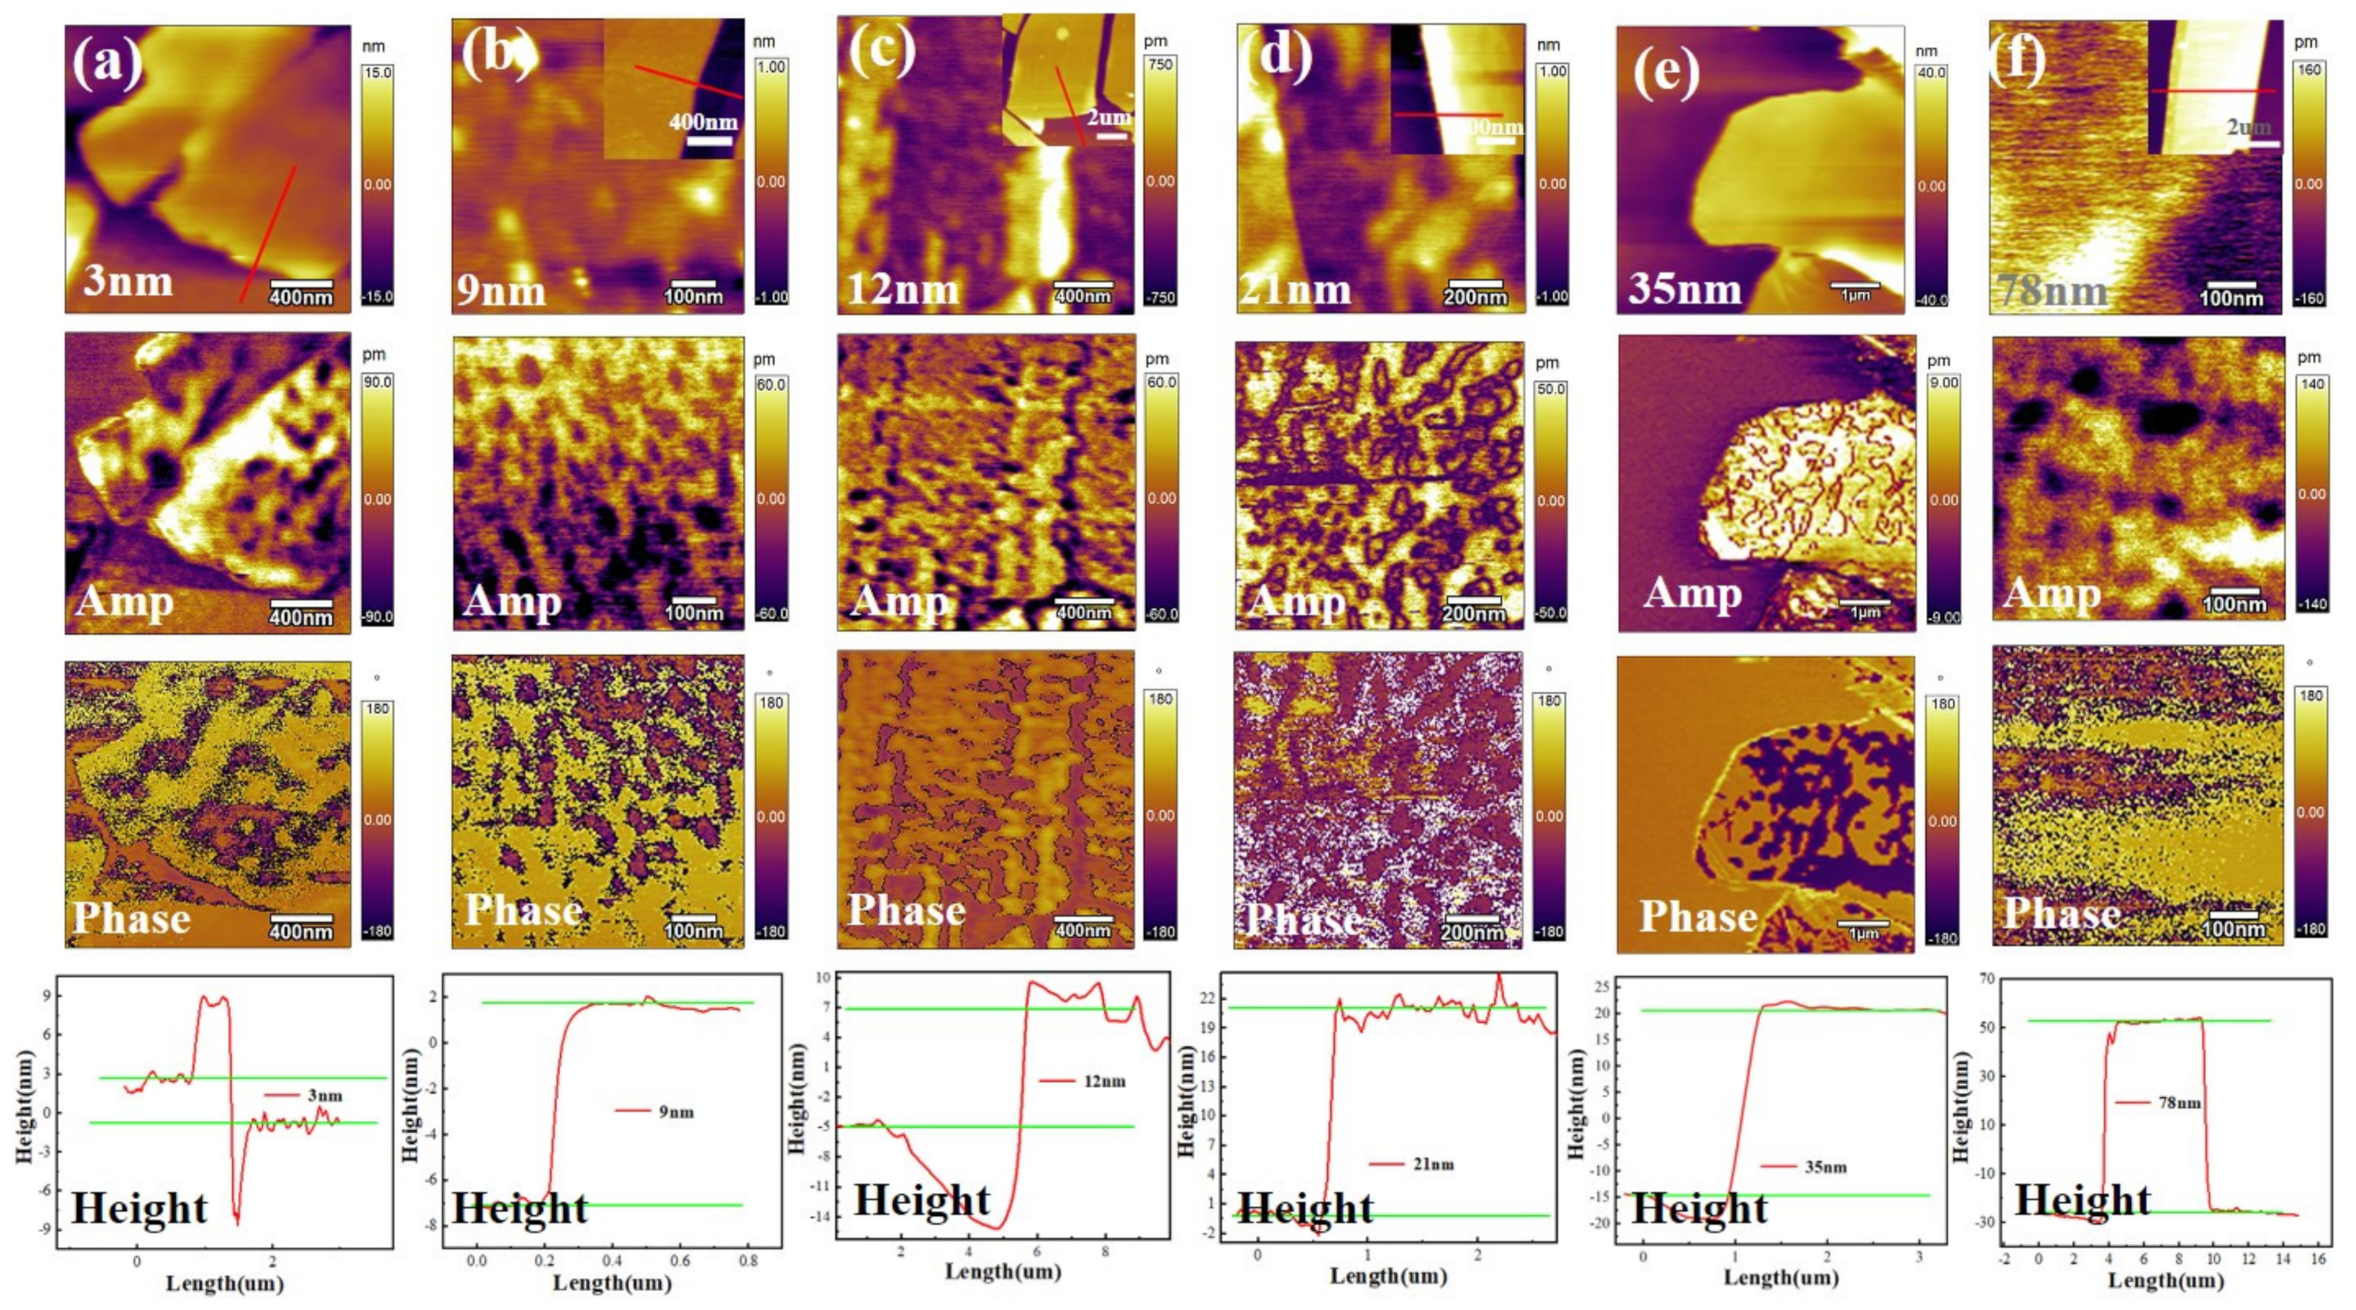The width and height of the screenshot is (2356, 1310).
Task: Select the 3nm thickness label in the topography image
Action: (128, 280)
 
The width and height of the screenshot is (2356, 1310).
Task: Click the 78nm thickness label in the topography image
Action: (2053, 292)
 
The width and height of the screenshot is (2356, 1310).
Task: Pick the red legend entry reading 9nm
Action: (675, 1112)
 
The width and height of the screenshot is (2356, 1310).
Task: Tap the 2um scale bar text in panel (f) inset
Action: (2248, 128)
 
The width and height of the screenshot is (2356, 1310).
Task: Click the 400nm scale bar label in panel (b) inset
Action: (702, 122)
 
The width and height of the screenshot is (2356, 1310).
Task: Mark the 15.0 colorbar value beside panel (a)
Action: (378, 72)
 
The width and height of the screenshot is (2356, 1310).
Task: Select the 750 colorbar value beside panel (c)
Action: (1160, 64)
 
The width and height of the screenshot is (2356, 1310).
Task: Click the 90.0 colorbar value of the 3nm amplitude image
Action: (378, 382)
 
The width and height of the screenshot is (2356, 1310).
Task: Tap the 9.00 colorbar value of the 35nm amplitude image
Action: (1944, 383)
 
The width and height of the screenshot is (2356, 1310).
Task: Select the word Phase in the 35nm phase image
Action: (1698, 917)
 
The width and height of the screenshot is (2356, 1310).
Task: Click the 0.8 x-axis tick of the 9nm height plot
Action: (747, 1261)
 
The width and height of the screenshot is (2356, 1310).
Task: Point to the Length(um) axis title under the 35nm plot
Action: (1781, 1276)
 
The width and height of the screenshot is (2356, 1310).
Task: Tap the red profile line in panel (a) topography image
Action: (268, 233)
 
